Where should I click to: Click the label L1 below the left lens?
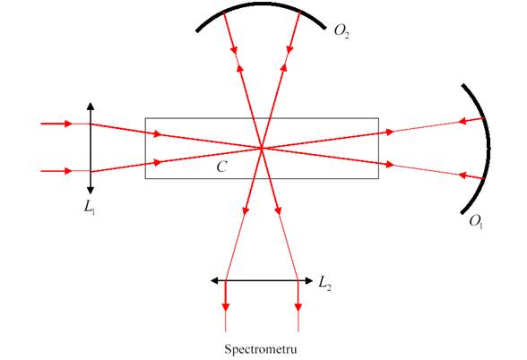click(90, 207)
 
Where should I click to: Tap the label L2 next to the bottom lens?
click(324, 283)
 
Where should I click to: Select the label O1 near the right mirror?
click(476, 222)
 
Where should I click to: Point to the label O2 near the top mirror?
click(341, 31)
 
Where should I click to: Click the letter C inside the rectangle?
click(222, 167)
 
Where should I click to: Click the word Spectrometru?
click(261, 349)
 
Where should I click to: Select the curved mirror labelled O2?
click(262, 4)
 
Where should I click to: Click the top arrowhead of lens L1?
click(91, 107)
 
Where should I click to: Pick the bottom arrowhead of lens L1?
click(91, 190)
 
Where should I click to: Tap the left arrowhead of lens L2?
click(214, 280)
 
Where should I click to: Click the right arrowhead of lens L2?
click(308, 280)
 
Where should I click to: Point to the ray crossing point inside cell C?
click(262, 148)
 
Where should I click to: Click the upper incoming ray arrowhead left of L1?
click(68, 124)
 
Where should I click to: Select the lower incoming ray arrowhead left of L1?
click(68, 171)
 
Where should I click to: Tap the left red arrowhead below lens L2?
click(226, 307)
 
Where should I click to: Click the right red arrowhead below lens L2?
click(298, 307)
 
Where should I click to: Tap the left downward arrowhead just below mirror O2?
click(234, 50)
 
